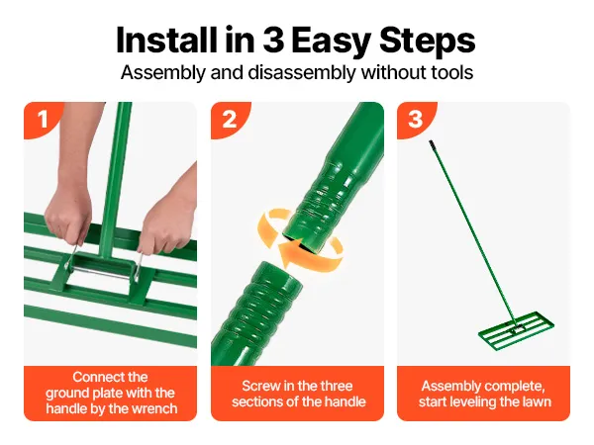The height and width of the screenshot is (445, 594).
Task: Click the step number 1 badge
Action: pyautogui.click(x=42, y=119)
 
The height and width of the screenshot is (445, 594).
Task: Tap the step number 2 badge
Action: pyautogui.click(x=229, y=119)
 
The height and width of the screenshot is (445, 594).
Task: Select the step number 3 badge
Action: pyautogui.click(x=415, y=119)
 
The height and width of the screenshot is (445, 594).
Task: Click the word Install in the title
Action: pyautogui.click(x=166, y=41)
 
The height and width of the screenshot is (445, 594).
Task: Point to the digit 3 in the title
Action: pyautogui.click(x=273, y=41)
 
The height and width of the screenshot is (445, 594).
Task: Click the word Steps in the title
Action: pyautogui.click(x=428, y=41)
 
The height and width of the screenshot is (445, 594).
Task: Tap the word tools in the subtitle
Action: pyautogui.click(x=452, y=72)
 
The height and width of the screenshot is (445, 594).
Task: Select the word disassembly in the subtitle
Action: pyautogui.click(x=302, y=72)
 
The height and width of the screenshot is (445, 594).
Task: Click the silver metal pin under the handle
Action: pyautogui.click(x=102, y=269)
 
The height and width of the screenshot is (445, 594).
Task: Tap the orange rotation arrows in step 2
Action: pyautogui.click(x=300, y=237)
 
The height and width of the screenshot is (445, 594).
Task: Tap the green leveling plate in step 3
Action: pyautogui.click(x=516, y=330)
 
